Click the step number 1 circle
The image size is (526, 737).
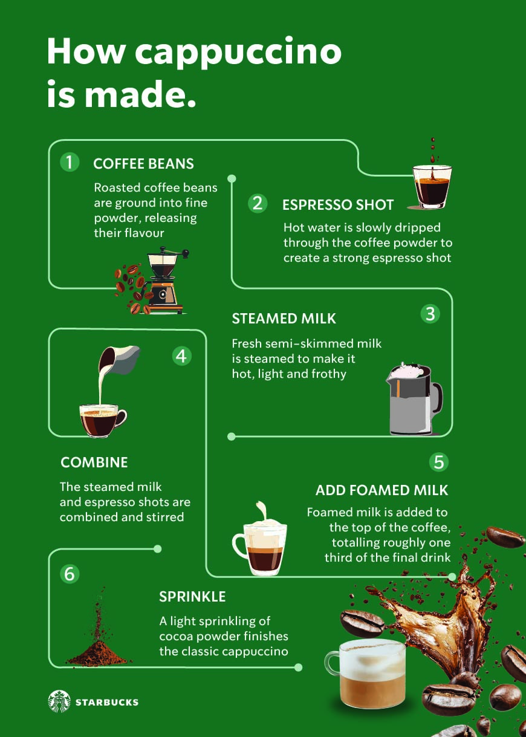click(70, 162)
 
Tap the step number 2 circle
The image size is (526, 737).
click(258, 203)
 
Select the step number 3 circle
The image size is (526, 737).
click(430, 314)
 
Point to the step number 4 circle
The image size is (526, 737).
click(181, 356)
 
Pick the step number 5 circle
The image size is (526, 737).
click(439, 462)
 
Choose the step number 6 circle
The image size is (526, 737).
click(70, 574)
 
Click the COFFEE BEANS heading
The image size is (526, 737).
click(143, 163)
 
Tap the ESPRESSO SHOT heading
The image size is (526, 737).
click(338, 204)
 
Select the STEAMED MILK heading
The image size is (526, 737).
click(284, 319)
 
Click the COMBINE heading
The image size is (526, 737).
click(94, 463)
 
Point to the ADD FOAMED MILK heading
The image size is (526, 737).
click(382, 490)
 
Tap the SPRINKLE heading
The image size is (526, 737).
click(192, 597)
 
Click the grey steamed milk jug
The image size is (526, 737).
click(414, 399)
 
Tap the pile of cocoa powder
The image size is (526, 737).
click(97, 653)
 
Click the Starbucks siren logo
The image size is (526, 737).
click(59, 701)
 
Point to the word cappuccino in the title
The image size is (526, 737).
click(238, 53)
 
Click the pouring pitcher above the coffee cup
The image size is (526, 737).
click(119, 360)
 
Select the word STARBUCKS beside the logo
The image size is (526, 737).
click(107, 703)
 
